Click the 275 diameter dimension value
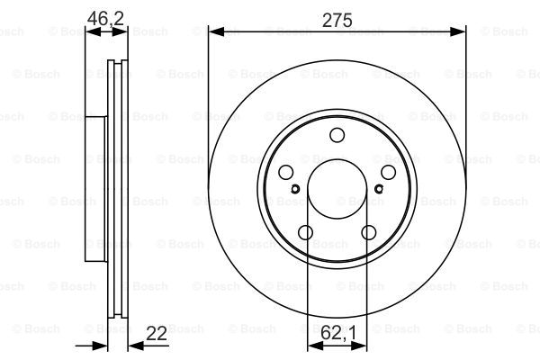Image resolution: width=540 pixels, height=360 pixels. point(337,20)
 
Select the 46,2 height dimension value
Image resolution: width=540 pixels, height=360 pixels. point(105,18)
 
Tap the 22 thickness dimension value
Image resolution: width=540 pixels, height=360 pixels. point(156,334)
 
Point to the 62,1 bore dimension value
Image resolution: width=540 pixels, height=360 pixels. point(338,333)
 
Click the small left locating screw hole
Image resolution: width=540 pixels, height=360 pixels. point(295,189)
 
